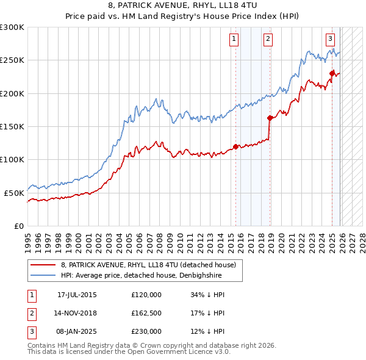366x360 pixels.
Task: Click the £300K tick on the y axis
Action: [x=12, y=27]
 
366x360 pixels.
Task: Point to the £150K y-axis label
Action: [x=12, y=126]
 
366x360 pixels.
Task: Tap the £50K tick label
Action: [x=14, y=192]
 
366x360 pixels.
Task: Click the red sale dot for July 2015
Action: [x=235, y=146]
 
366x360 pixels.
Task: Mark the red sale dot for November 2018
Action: [x=269, y=118]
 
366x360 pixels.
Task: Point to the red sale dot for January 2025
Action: [x=332, y=74]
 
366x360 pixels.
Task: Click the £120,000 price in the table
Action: [x=146, y=295]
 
